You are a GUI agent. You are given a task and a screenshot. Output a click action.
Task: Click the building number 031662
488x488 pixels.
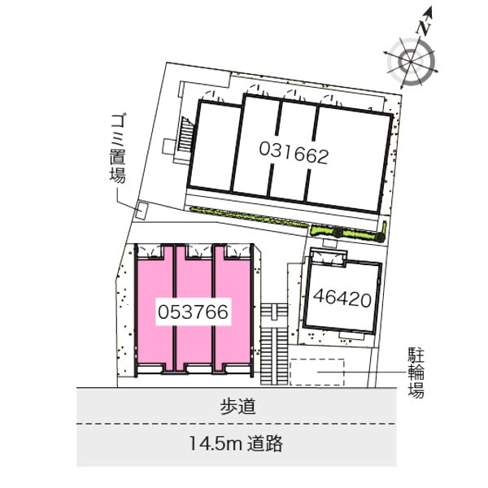294,152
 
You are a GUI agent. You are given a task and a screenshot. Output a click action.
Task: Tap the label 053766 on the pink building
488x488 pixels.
193,312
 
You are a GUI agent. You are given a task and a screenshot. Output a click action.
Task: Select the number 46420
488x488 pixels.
342,298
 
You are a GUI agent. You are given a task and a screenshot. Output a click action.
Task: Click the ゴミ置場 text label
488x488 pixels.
118,149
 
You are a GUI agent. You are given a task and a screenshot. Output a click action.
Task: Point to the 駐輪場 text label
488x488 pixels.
416,373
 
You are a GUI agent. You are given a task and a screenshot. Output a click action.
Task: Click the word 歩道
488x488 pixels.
237,406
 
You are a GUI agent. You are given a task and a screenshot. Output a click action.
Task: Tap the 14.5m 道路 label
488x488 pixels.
236,443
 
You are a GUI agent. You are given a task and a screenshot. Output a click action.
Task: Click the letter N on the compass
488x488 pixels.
424,27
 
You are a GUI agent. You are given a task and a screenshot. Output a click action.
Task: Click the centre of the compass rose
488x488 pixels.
411,62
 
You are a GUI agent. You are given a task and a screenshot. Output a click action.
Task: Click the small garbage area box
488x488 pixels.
142,211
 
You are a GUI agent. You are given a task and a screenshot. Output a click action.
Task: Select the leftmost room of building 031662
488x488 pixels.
215,146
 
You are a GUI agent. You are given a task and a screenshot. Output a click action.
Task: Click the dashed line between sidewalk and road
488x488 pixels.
237,424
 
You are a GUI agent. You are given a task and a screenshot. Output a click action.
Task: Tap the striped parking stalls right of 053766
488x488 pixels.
274,344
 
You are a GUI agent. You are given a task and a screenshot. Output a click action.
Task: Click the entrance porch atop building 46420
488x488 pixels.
329,257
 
